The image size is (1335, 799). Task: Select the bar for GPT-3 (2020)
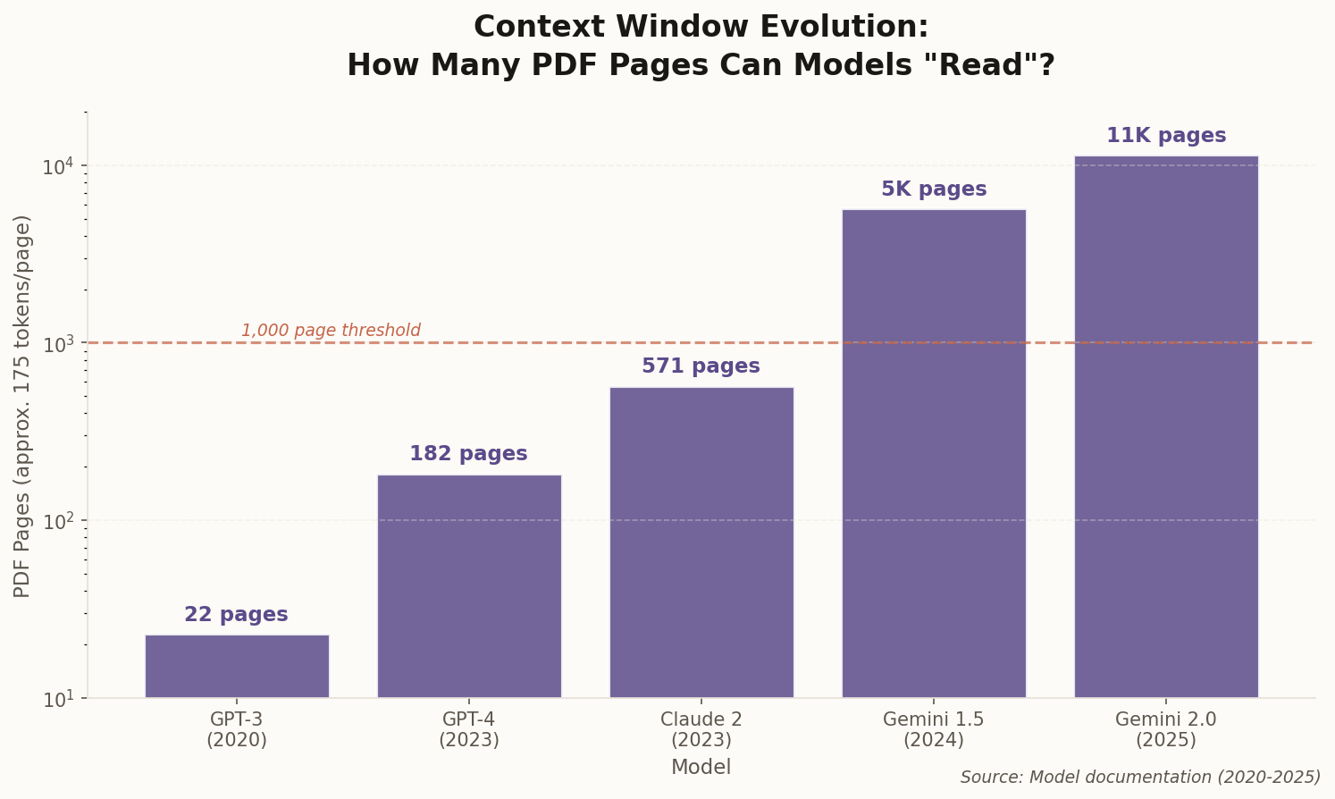[237, 666]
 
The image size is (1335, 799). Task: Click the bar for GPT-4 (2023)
[469, 585]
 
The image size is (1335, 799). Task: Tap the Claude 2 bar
[701, 542]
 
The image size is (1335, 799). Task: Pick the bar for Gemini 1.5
[934, 453]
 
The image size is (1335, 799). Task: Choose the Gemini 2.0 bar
[1166, 426]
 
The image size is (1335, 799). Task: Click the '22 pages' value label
[237, 615]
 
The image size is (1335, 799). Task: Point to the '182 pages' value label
[469, 454]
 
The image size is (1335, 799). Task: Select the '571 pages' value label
[701, 366]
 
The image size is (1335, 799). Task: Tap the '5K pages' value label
[934, 189]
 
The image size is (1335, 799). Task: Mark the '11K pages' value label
[1166, 136]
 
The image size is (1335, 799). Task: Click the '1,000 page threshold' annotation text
[331, 331]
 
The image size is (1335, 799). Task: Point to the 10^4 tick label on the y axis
[60, 166]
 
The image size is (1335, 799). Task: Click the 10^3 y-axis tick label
[60, 343]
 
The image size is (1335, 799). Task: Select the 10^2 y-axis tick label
[60, 521]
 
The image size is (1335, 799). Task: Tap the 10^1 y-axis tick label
[60, 698]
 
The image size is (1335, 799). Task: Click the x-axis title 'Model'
[701, 768]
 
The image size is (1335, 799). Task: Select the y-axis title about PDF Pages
[23, 406]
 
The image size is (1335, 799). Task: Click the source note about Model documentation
[1140, 778]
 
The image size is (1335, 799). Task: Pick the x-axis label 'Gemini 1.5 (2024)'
[934, 729]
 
